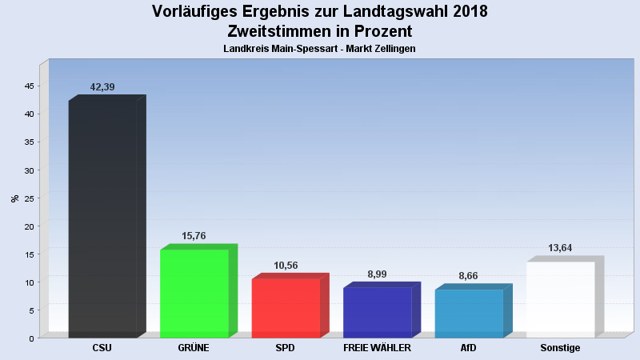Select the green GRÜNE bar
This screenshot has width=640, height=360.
[194, 293]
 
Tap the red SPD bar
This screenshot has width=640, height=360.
[286, 308]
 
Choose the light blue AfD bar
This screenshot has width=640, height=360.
[469, 313]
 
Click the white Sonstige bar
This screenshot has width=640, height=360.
[560, 299]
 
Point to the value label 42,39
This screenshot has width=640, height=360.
[102, 86]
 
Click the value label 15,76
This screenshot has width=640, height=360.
[194, 236]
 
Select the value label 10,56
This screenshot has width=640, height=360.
[286, 265]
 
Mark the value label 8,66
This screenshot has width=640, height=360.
[469, 275]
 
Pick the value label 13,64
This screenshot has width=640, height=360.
[560, 248]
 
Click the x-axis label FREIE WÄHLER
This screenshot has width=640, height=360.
[377, 348]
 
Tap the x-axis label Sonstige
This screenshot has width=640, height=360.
[560, 348]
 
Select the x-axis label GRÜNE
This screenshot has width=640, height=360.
[194, 348]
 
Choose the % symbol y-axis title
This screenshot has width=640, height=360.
[14, 198]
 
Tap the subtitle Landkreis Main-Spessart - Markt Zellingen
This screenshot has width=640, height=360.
[319, 49]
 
